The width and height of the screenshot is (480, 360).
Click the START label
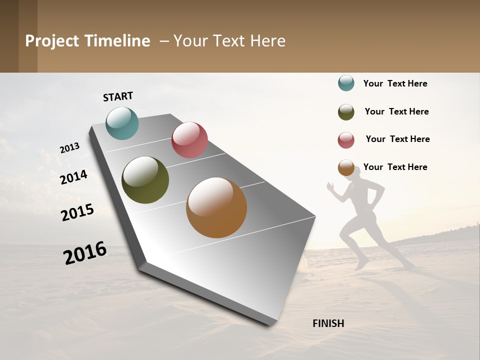pos(118,96)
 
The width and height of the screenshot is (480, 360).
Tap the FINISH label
pos(328,323)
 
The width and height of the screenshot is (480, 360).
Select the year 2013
pos(69,148)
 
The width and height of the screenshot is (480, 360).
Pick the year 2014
pos(73,177)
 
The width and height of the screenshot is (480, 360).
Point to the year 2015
pos(77,212)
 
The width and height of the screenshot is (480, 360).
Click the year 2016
pos(85,252)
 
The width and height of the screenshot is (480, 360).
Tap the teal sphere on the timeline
pos(122,123)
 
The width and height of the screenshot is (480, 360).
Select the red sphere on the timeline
pos(189,140)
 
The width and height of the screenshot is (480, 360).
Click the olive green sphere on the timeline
pos(145,180)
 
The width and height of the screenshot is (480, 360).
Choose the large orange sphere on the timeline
pos(216,207)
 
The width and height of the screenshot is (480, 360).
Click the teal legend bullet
pos(346,83)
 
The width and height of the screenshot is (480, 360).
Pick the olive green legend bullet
pos(346,112)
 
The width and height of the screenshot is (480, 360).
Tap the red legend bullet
pos(346,140)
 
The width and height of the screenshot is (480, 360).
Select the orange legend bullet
pos(346,167)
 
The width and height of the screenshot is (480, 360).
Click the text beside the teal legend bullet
pos(395,83)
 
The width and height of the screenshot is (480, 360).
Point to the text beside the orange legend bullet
pos(395,167)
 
